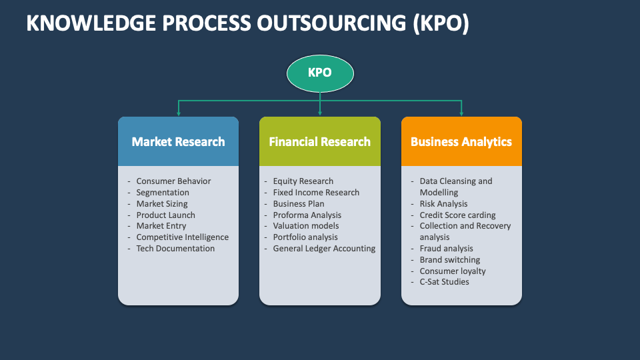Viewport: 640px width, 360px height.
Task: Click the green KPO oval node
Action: tap(320, 73)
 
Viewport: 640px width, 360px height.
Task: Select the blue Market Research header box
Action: tap(178, 141)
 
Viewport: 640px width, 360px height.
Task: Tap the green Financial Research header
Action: tap(320, 141)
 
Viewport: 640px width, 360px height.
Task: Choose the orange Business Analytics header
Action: tap(461, 141)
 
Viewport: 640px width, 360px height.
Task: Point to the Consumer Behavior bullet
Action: tap(173, 181)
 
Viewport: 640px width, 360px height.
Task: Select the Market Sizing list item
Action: tap(162, 204)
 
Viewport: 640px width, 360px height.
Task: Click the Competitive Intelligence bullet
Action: tap(182, 237)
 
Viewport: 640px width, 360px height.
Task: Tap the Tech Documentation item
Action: tap(175, 249)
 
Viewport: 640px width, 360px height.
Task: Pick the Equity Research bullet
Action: tap(303, 181)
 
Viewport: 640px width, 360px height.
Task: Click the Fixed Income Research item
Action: tap(316, 193)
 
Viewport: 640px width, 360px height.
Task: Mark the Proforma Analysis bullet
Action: tap(307, 215)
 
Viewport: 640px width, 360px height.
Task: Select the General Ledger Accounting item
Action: tap(324, 249)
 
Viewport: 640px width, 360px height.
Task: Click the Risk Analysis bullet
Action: tap(443, 204)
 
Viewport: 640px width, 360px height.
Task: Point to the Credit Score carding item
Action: tap(457, 215)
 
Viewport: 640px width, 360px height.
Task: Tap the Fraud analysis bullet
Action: tap(446, 249)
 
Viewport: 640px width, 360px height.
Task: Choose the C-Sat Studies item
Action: tap(444, 282)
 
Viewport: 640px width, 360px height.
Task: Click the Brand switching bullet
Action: tap(449, 260)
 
